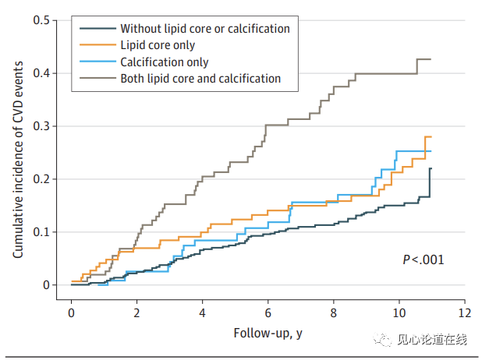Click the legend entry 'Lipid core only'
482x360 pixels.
click(x=157, y=45)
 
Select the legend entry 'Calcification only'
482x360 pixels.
click(x=164, y=62)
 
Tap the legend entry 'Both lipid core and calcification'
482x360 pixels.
click(x=200, y=78)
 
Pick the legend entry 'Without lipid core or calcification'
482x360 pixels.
click(x=204, y=29)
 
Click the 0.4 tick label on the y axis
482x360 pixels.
click(x=42, y=72)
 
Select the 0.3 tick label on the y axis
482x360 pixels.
click(x=42, y=125)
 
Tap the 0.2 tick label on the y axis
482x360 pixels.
click(x=42, y=178)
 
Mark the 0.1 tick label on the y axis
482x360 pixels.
click(x=42, y=231)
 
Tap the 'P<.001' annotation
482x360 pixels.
click(x=424, y=259)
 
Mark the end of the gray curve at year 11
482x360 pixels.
click(x=431, y=59)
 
